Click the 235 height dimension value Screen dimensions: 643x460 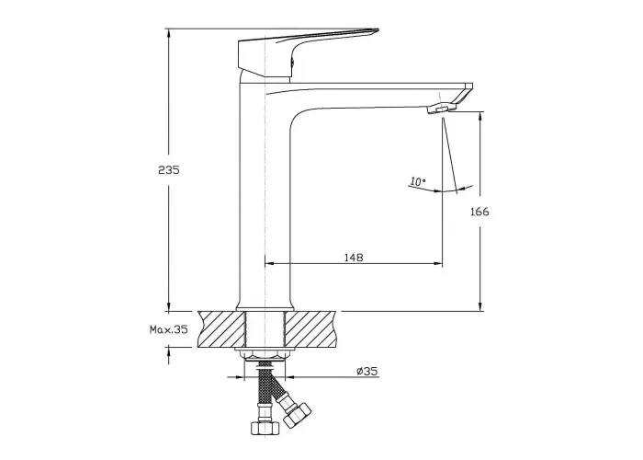pyautogui.click(x=169, y=169)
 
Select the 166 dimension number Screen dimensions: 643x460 pyautogui.click(x=479, y=212)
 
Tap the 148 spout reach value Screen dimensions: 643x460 pyautogui.click(x=354, y=258)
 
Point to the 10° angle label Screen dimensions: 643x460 pyautogui.click(x=418, y=181)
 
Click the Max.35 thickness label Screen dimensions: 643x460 pyautogui.click(x=168, y=329)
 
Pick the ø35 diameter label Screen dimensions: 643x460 pyautogui.click(x=367, y=372)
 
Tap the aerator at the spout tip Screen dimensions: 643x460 pyautogui.click(x=442, y=109)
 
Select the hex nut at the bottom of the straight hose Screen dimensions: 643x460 pyautogui.click(x=264, y=427)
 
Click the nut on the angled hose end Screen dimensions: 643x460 pyautogui.click(x=297, y=414)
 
